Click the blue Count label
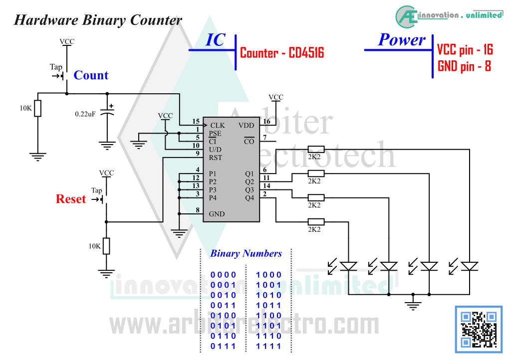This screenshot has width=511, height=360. pos(91,75)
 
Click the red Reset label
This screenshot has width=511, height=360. pos(71,199)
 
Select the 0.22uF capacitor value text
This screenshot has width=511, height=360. pos(85,114)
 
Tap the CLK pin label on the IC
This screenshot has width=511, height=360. pos(218,125)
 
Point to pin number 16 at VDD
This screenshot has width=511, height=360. pos(266,121)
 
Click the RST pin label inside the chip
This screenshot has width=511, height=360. pos(216,158)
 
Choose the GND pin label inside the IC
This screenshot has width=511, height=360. pos(217,214)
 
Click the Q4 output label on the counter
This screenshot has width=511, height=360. pos(250,198)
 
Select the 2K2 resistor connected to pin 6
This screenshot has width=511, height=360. pos(316,150)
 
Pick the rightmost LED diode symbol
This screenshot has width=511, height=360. pos(470,266)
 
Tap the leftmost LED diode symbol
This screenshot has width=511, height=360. pos(348,266)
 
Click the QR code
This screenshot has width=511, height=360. pos(479,330)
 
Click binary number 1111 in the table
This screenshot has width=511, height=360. pos(268,347)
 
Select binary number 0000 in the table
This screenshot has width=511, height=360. pos(223,275)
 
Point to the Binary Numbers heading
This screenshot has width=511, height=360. pos(246,253)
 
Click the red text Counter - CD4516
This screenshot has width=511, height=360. pos(282,53)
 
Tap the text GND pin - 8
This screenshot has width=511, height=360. pos(464,66)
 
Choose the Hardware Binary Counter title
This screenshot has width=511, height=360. pos(98,20)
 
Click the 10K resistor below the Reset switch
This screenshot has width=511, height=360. pos(106,246)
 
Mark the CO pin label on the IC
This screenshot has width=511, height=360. pos(249,141)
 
